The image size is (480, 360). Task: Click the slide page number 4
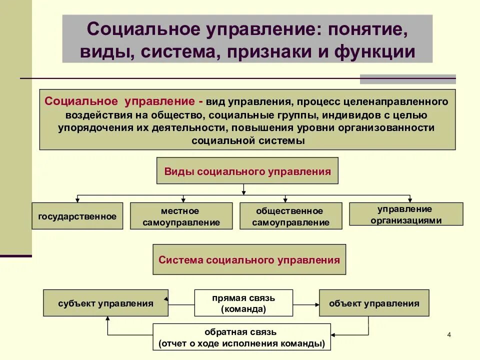click(x=448, y=334)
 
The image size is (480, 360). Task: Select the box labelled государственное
click(x=77, y=216)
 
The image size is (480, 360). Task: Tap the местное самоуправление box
click(x=181, y=216)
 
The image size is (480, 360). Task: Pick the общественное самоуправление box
click(x=291, y=216)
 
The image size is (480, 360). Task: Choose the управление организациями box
click(x=405, y=214)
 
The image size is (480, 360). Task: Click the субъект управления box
click(x=105, y=303)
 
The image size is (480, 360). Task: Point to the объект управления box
click(x=373, y=303)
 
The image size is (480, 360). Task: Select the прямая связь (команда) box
click(x=243, y=303)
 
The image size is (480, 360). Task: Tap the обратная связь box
click(x=241, y=337)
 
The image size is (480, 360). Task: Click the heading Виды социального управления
click(x=247, y=171)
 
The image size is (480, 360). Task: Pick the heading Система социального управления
click(x=249, y=259)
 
